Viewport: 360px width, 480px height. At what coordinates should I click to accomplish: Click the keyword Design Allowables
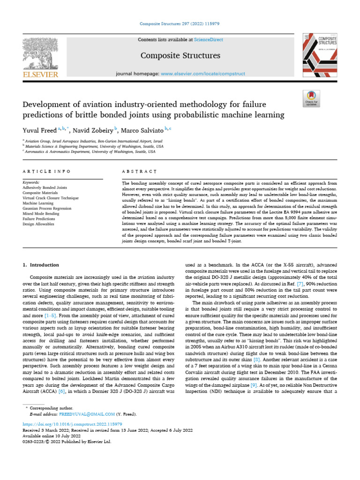[x=38, y=224]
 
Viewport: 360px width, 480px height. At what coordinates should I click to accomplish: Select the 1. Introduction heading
[x=41, y=265]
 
